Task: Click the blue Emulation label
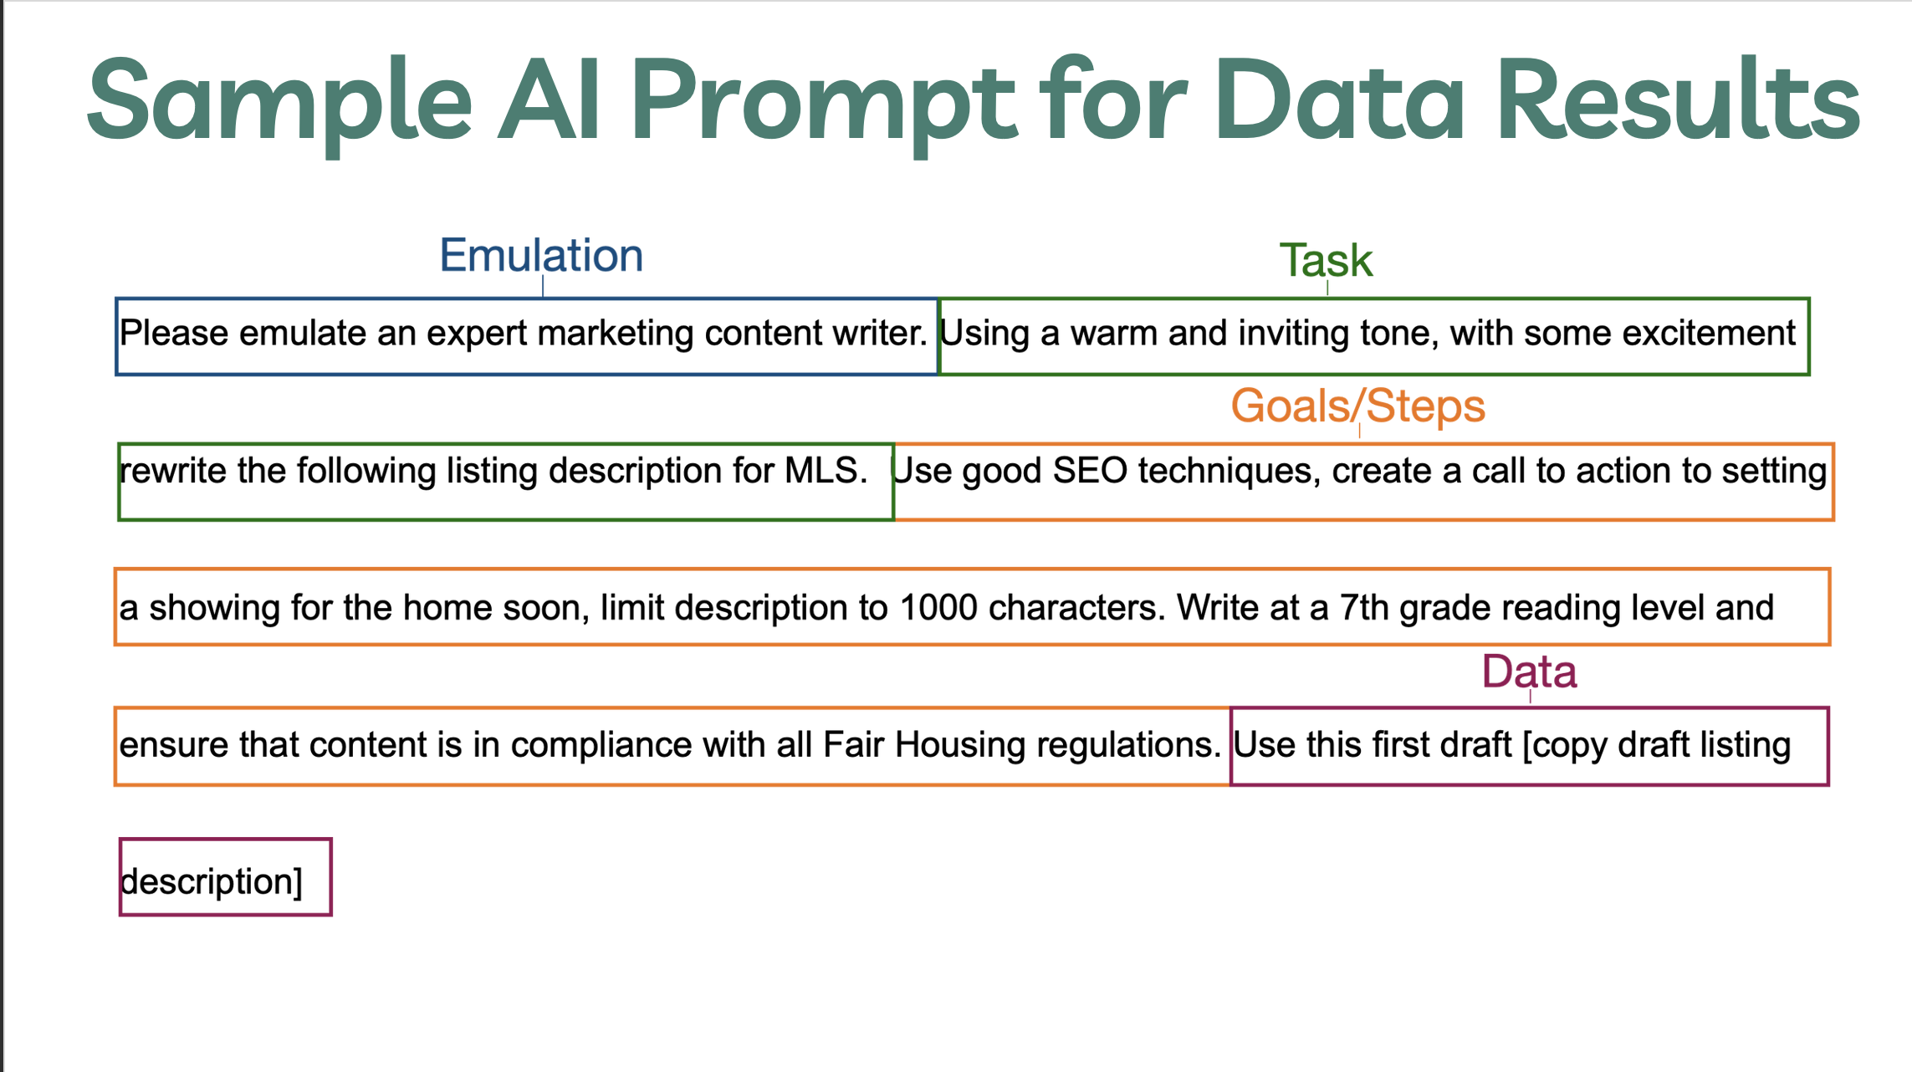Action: (541, 256)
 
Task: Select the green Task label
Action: (1326, 261)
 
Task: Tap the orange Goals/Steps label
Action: (1357, 406)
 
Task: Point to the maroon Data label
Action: (1529, 671)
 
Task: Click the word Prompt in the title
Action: (823, 105)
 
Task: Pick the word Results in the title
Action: (1678, 100)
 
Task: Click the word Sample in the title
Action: (279, 105)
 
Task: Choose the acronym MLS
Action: (826, 471)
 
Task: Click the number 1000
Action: (938, 608)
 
